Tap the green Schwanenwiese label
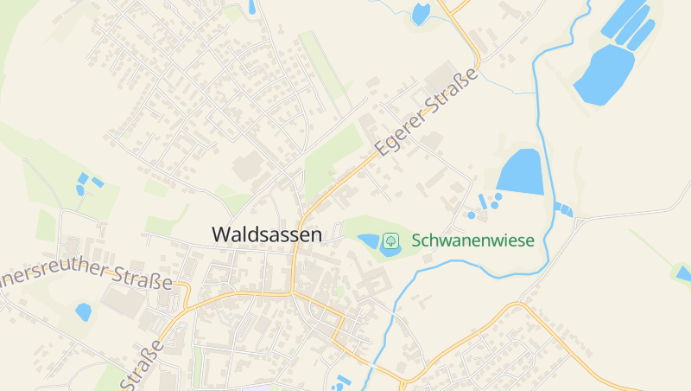472,240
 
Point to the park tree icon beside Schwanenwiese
390,240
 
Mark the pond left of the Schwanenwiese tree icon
370,240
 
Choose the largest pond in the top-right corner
604,74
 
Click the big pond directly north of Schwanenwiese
521,171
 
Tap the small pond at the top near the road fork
421,13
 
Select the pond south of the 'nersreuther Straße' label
84,311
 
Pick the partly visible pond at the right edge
684,274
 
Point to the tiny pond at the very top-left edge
251,7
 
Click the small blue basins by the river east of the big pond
563,208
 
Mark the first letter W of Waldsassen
221,234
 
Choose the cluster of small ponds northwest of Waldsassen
86,183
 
